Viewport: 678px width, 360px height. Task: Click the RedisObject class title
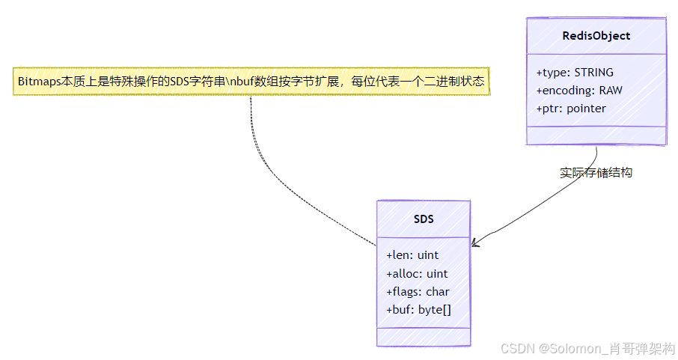pyautogui.click(x=596, y=36)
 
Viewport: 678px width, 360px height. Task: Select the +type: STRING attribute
pyautogui.click(x=575, y=73)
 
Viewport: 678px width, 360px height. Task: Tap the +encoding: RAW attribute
pyautogui.click(x=579, y=91)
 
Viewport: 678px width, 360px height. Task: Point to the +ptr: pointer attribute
pyautogui.click(x=571, y=109)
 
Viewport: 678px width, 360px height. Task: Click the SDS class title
pyautogui.click(x=424, y=219)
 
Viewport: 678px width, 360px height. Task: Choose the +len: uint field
pyautogui.click(x=412, y=255)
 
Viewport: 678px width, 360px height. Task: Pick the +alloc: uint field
pyautogui.click(x=417, y=273)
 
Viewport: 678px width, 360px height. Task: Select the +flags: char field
pyautogui.click(x=418, y=291)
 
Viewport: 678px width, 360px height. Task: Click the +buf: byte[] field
pyautogui.click(x=418, y=309)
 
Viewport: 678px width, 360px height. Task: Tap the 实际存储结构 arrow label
pyautogui.click(x=596, y=172)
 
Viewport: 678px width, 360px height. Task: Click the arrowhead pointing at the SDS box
pyautogui.click(x=475, y=243)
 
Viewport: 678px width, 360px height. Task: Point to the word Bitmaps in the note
pyautogui.click(x=39, y=81)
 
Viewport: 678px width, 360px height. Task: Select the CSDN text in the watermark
pyautogui.click(x=515, y=349)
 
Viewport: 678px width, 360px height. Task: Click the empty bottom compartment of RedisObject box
pyautogui.click(x=596, y=135)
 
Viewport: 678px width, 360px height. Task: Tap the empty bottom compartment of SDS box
pyautogui.click(x=424, y=337)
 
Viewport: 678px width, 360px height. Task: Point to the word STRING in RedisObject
pyautogui.click(x=593, y=73)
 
